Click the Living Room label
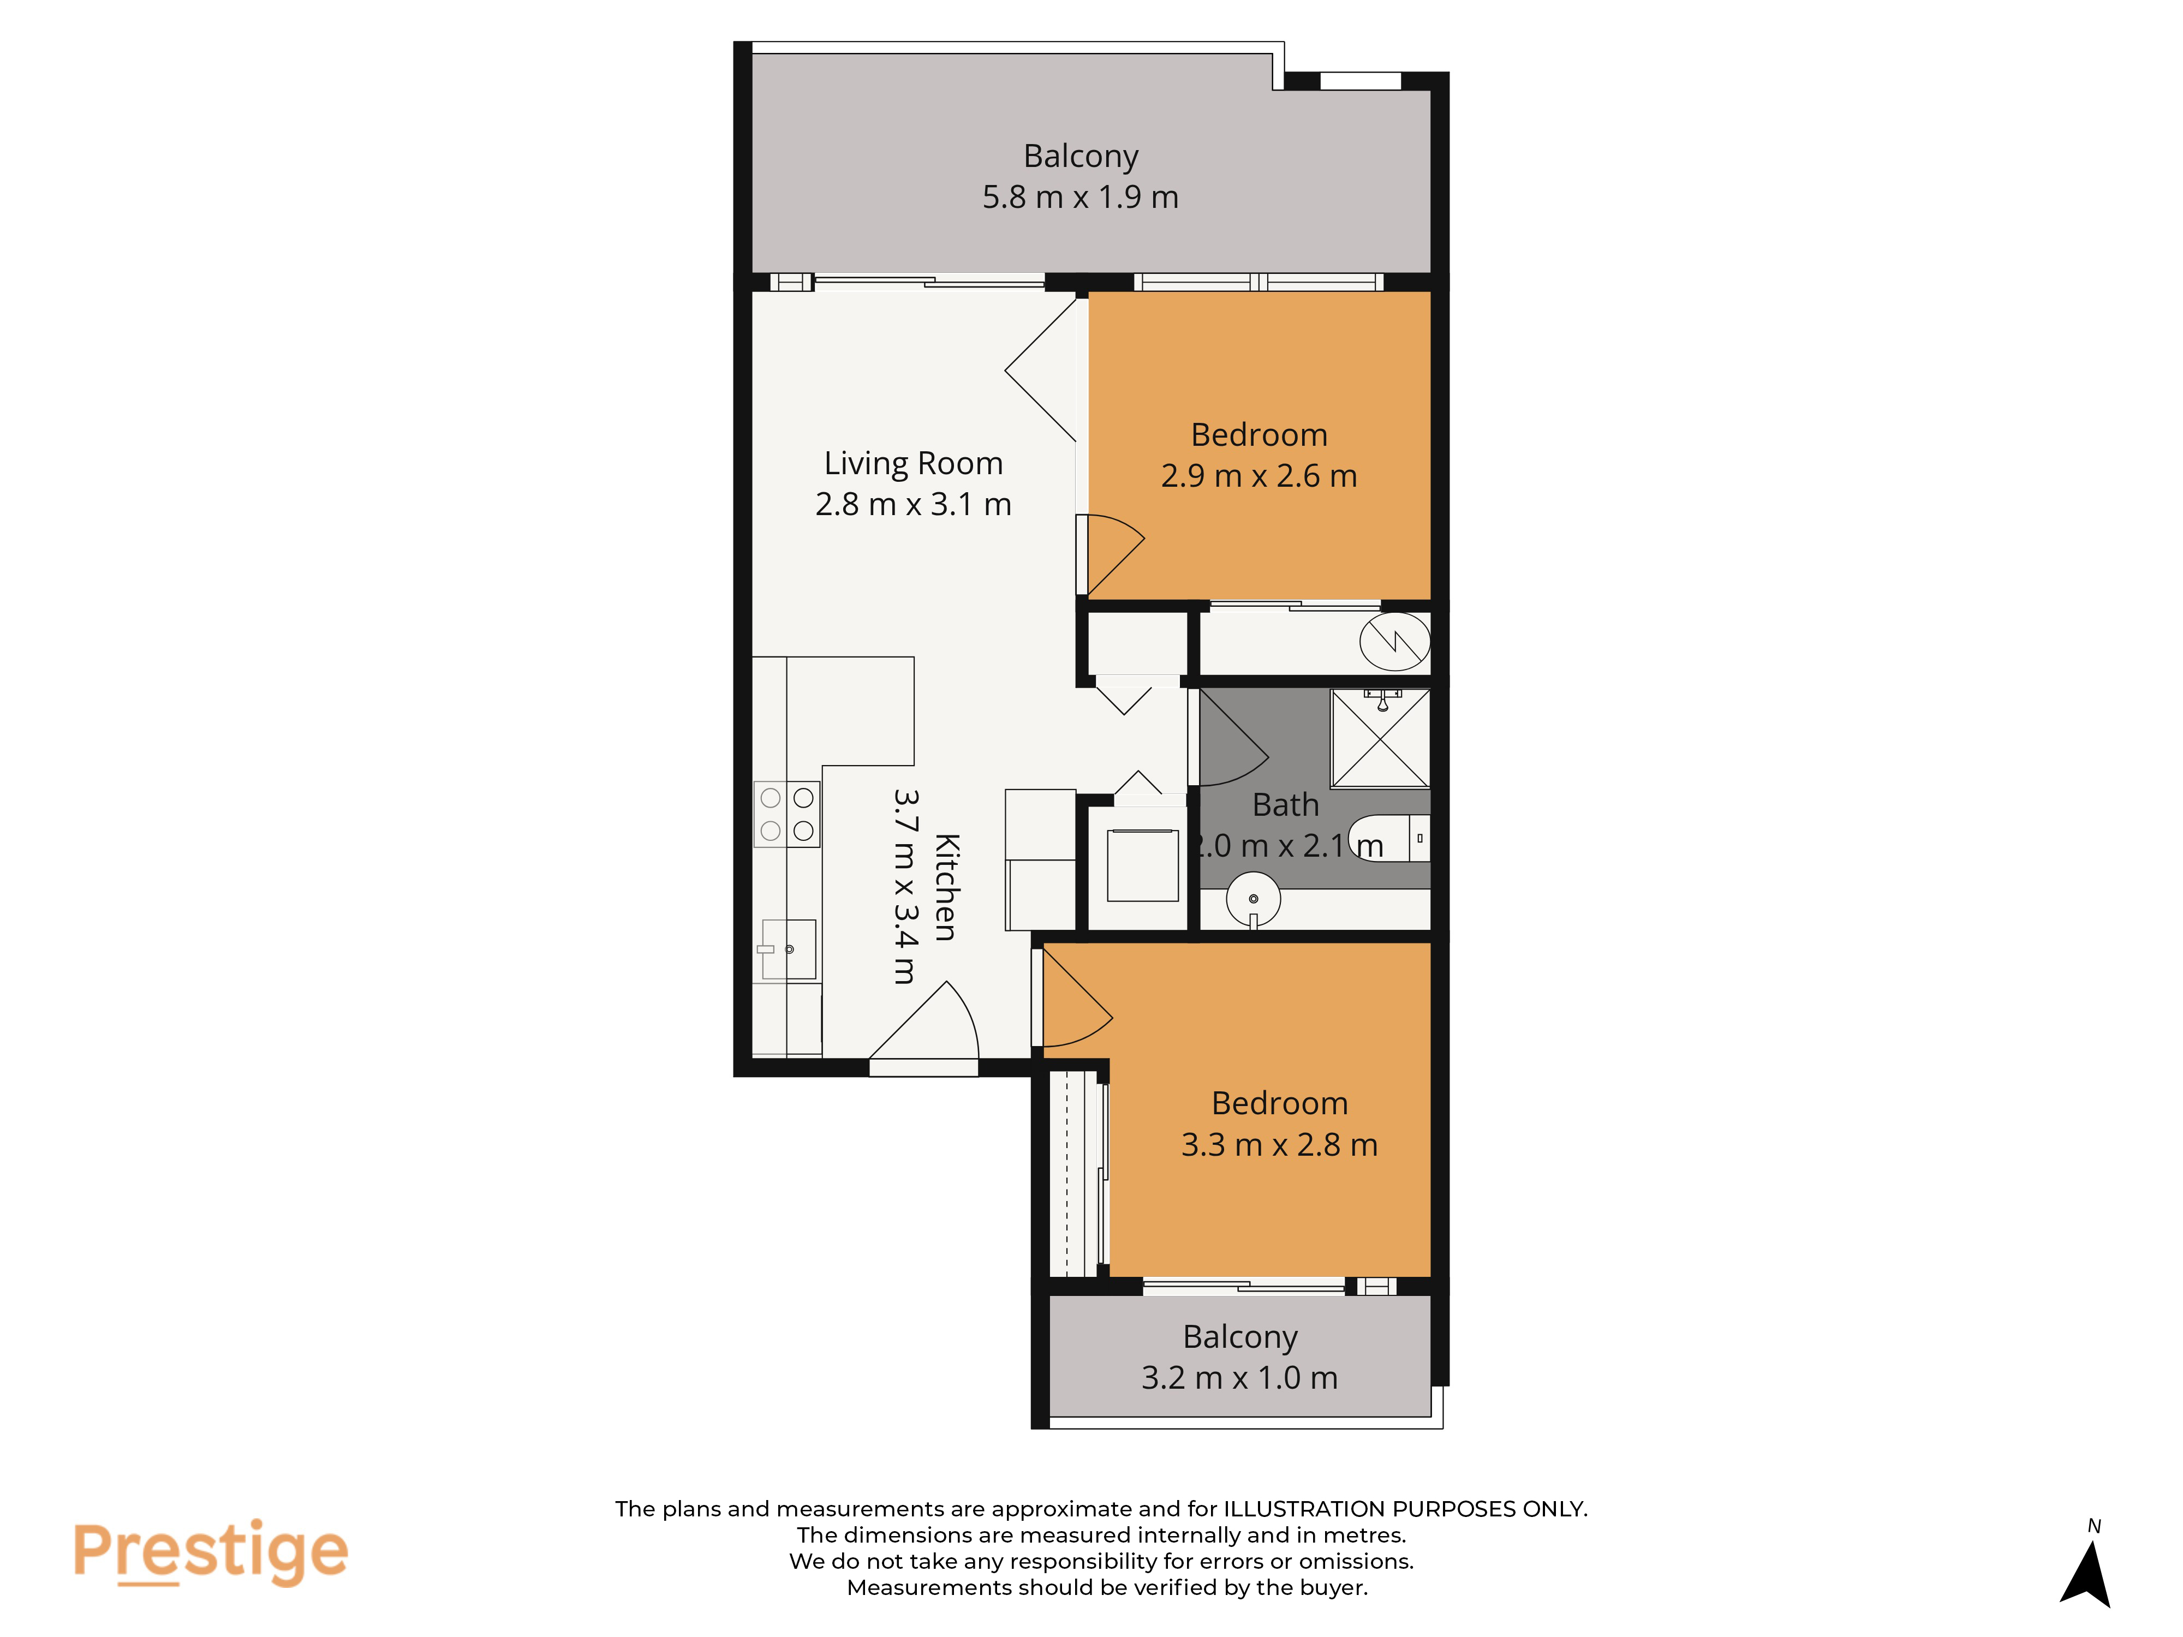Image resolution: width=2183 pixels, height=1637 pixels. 913,463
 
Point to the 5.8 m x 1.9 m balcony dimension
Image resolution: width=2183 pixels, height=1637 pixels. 1081,198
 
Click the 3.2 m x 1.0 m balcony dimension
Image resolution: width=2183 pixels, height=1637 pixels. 1239,1377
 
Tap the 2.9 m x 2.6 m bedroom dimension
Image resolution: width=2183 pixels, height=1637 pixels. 1259,476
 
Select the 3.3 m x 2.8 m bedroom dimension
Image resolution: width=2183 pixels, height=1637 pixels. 1279,1145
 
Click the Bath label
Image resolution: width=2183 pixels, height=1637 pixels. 1285,805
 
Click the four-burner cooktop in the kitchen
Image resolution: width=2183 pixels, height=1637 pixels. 786,814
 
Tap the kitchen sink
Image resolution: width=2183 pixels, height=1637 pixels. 789,949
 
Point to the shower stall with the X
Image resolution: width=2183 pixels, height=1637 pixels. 1380,738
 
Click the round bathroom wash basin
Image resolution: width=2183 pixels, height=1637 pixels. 1254,899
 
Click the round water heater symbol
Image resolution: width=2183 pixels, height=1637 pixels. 1394,641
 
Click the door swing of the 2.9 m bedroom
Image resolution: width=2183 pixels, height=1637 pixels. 1110,554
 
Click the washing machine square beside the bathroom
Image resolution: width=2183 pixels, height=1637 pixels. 1143,865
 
